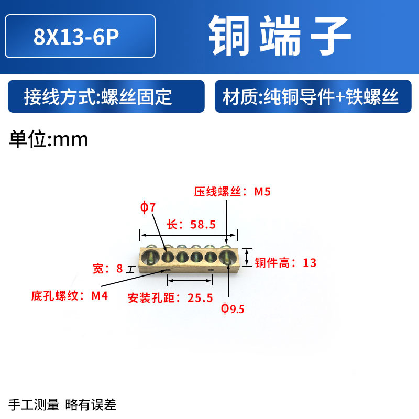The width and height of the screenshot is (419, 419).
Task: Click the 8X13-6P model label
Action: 80,36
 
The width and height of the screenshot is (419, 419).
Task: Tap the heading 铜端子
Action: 280,35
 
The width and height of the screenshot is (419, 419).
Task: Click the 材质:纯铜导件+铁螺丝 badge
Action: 311,97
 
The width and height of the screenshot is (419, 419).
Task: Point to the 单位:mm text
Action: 49,139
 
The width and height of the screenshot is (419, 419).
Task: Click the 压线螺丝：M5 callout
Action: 232,192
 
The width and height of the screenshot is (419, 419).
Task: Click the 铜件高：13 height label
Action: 285,263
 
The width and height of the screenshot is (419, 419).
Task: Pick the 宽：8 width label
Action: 107,269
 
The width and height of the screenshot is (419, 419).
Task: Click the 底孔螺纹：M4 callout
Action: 69,296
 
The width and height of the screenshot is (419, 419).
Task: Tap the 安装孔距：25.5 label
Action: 170,299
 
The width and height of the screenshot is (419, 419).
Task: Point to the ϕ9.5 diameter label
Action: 233,309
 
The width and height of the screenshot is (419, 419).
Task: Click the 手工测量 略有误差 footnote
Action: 62,404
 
